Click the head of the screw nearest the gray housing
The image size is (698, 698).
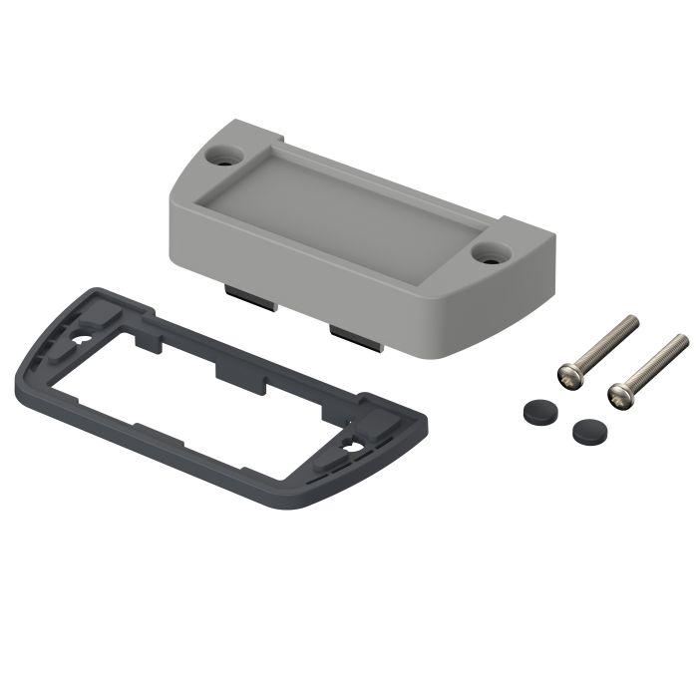coord(568,375)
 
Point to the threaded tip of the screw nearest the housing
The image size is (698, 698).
coord(631,321)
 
